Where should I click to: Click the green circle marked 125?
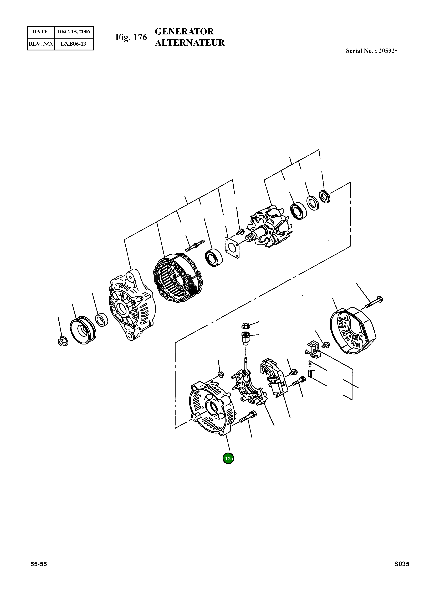point(228,459)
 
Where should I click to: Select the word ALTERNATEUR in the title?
point(190,43)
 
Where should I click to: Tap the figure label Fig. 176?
point(131,37)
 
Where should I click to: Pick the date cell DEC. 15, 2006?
point(74,32)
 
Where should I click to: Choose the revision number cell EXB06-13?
point(74,44)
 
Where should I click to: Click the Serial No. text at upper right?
point(372,51)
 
